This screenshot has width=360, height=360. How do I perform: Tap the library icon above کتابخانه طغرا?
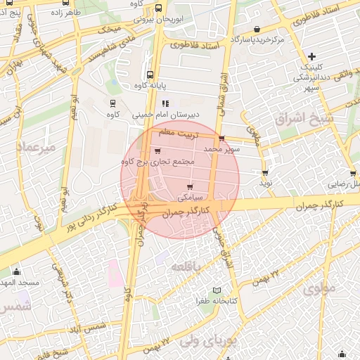(x=217, y=290)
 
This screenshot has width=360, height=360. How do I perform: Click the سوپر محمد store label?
(x=222, y=150)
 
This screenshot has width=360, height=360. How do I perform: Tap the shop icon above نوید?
(x=264, y=172)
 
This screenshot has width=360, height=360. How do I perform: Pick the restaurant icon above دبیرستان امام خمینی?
(x=166, y=103)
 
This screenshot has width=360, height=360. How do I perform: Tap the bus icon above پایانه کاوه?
(x=150, y=75)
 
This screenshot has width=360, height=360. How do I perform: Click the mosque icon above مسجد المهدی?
(x=17, y=271)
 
